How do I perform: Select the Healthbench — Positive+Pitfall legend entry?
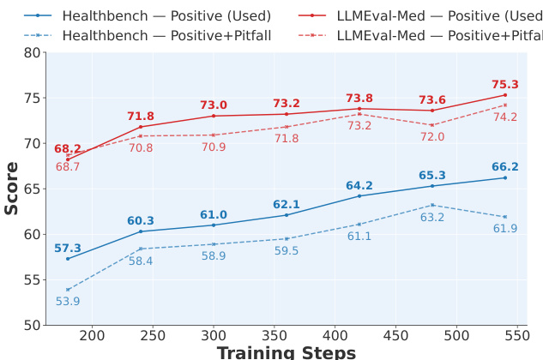coord(154,35)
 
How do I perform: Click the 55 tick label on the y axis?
coord(31,279)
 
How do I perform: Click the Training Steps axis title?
coord(286,351)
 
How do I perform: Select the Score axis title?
coord(12,188)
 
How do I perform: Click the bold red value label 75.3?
coord(505,85)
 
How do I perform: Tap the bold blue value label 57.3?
coord(68,249)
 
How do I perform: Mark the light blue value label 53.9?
coord(68,301)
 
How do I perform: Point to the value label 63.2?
coord(432,218)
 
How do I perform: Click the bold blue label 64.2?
coord(359,186)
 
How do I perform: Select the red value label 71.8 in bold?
coord(141,117)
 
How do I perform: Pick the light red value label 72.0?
coord(432,137)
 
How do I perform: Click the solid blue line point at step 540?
coord(505,177)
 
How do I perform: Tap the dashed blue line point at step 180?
coord(68,290)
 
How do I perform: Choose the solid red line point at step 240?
coord(141,127)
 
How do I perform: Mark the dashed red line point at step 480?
coord(432,125)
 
